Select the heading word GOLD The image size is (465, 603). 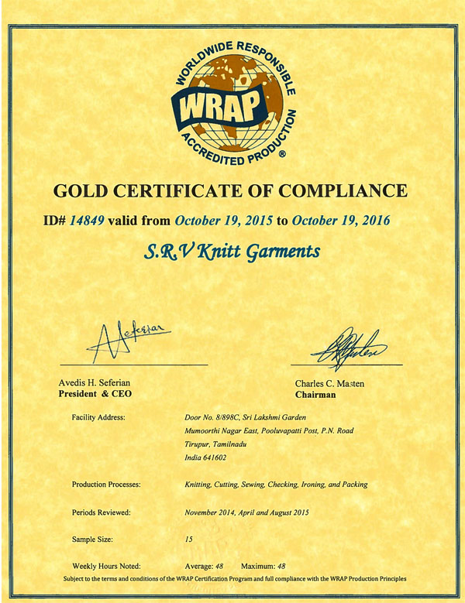click(x=81, y=190)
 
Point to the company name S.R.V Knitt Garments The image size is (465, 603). click(x=232, y=251)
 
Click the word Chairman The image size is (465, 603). click(x=315, y=394)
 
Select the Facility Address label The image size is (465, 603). click(x=98, y=418)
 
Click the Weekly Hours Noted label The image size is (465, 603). click(x=106, y=566)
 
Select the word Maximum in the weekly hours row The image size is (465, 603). click(x=257, y=566)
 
